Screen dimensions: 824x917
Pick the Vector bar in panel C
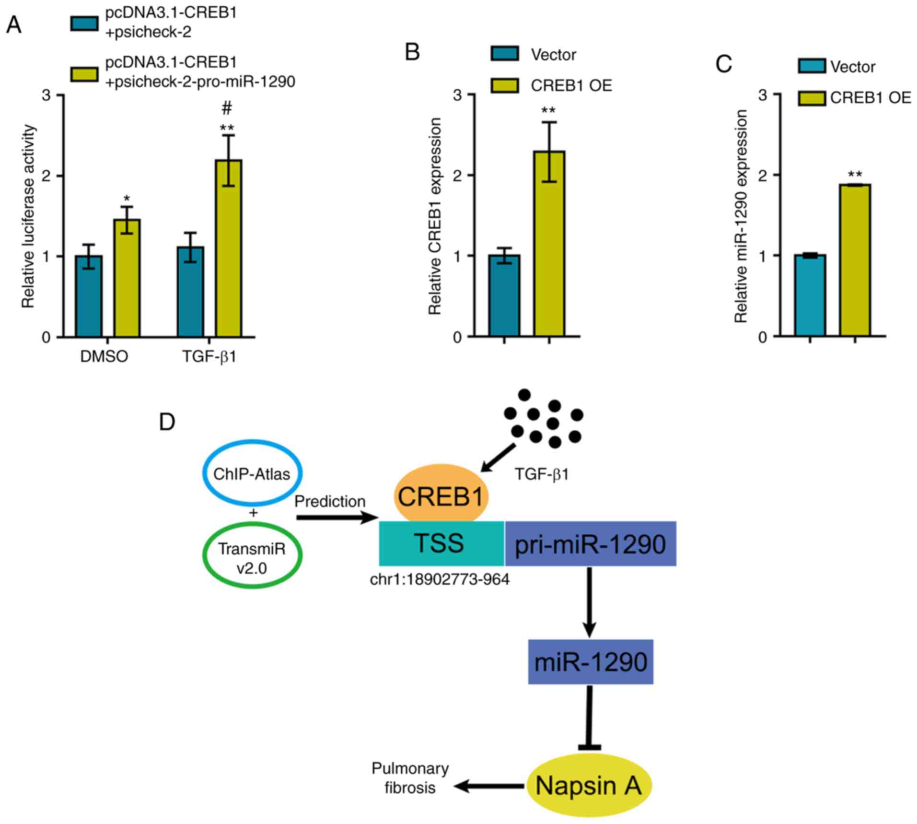(810, 295)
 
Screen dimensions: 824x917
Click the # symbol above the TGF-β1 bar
(227, 108)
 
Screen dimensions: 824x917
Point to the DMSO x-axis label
(104, 357)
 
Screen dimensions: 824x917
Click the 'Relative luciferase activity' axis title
(29, 216)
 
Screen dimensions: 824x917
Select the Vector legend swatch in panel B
(504, 54)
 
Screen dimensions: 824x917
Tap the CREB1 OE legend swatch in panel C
(812, 98)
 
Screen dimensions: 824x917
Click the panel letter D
(167, 422)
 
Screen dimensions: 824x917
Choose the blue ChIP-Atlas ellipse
(252, 473)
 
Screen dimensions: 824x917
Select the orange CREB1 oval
(441, 496)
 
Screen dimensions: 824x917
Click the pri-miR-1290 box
(590, 544)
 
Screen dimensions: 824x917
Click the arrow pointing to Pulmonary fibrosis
(489, 786)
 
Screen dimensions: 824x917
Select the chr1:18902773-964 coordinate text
(440, 580)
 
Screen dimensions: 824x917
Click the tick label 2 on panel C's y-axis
(762, 176)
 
